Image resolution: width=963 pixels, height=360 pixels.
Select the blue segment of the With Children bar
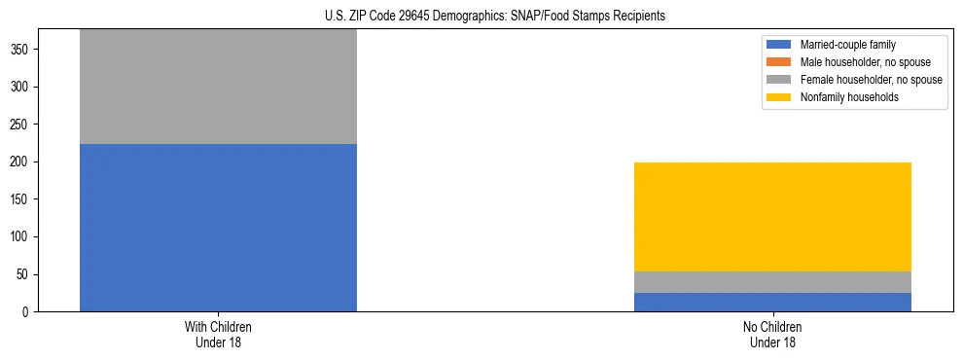218,228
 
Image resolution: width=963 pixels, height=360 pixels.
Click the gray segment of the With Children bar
218,88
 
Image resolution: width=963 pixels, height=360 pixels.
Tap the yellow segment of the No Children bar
772,217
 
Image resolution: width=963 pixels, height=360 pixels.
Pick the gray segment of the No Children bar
772,282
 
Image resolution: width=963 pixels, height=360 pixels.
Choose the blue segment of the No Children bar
772,302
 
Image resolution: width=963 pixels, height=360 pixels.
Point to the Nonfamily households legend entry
842,97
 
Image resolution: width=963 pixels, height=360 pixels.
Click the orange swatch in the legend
779,62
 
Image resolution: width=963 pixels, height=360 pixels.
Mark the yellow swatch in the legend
779,97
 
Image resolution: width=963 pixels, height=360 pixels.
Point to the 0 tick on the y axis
29,312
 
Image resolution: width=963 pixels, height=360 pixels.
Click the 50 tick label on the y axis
26,274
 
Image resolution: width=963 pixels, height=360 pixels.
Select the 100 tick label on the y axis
23,237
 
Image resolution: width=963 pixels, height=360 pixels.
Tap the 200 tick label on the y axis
23,162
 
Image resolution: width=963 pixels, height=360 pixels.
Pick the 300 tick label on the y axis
23,87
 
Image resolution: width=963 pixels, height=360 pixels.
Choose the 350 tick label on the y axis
23,49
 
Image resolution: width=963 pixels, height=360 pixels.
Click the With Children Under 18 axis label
218,334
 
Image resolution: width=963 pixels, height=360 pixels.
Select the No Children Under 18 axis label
772,334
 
